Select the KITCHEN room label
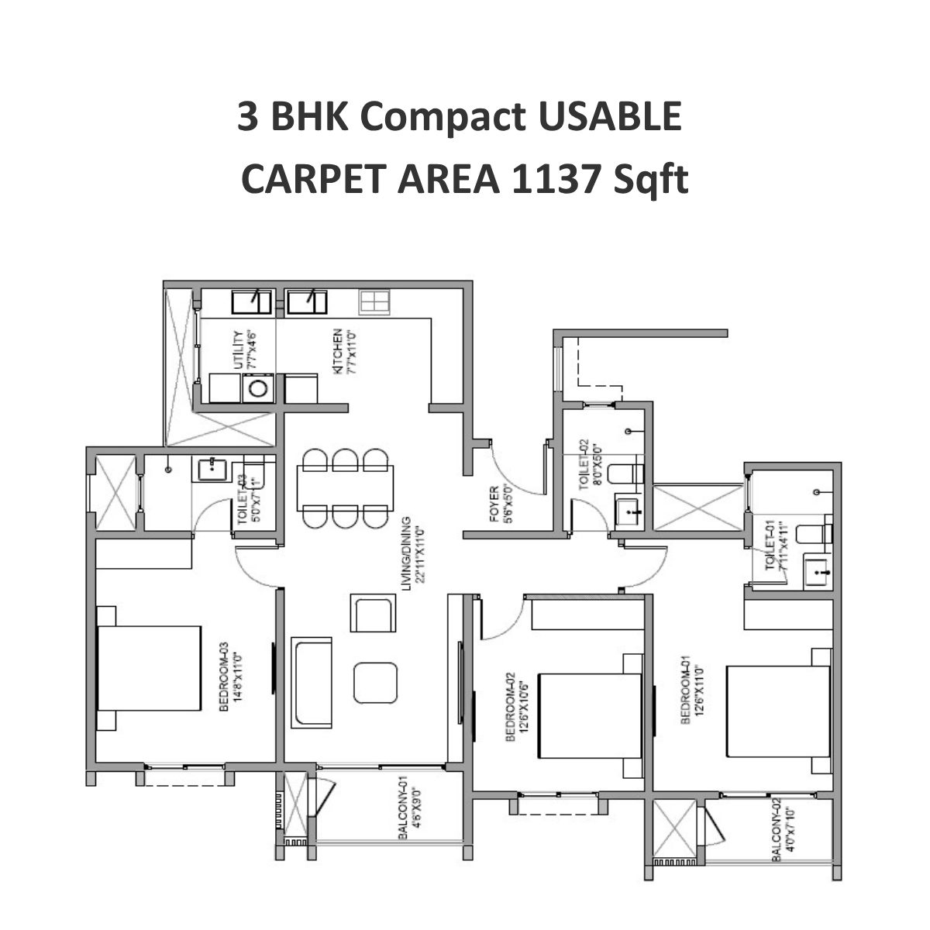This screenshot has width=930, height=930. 339,353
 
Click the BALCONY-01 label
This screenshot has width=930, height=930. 404,809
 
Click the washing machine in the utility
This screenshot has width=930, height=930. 257,387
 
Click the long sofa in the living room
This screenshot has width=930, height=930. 312,683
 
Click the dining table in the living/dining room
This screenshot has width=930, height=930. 345,487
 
